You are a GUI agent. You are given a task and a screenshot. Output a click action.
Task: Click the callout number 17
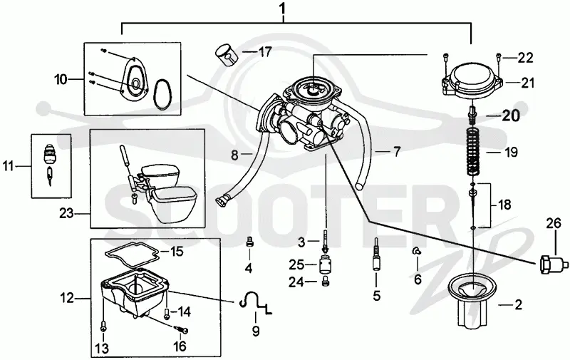pyautogui.click(x=265, y=52)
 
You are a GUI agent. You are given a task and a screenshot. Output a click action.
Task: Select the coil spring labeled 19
pyautogui.click(x=473, y=151)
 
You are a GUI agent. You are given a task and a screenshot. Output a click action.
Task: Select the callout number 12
pyautogui.click(x=67, y=299)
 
